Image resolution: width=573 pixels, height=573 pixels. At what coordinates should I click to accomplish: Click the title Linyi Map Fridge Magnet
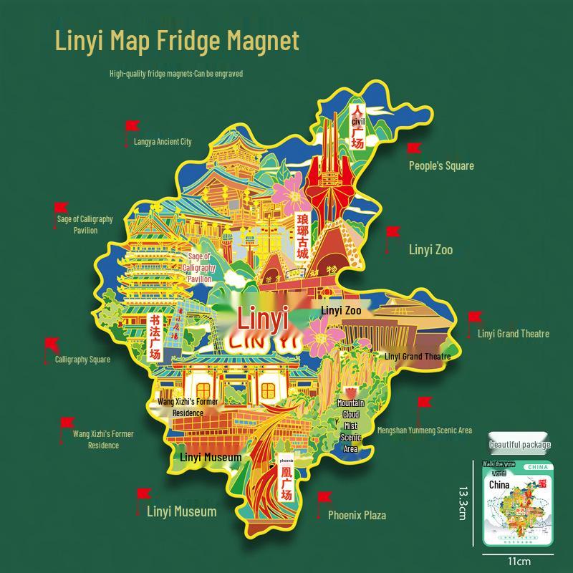(177, 40)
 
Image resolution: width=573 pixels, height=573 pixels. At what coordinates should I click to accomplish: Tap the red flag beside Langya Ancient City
(131, 127)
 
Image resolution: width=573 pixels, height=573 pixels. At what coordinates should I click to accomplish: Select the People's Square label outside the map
(441, 165)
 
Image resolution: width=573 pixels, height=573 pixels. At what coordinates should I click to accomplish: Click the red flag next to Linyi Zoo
(393, 233)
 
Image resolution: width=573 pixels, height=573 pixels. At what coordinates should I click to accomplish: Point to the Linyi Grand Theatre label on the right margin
(514, 334)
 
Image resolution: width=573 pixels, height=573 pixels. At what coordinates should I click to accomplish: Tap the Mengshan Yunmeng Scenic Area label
(425, 430)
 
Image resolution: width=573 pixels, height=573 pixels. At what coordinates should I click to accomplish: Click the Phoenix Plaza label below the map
(357, 515)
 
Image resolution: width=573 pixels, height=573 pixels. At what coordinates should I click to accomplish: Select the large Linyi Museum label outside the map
(181, 511)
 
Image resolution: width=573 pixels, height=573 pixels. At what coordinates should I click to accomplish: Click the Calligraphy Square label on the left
(82, 360)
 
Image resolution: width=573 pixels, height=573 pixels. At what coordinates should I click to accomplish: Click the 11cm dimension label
(519, 562)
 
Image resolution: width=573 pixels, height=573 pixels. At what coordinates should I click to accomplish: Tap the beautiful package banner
(520, 445)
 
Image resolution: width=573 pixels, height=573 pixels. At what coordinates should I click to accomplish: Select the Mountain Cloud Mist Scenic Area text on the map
(351, 426)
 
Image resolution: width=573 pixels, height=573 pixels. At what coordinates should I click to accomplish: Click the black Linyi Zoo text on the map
(341, 311)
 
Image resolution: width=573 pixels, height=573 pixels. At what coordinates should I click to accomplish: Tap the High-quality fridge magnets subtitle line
(176, 73)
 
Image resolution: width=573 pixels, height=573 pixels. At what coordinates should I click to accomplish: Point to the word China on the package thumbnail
(499, 485)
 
